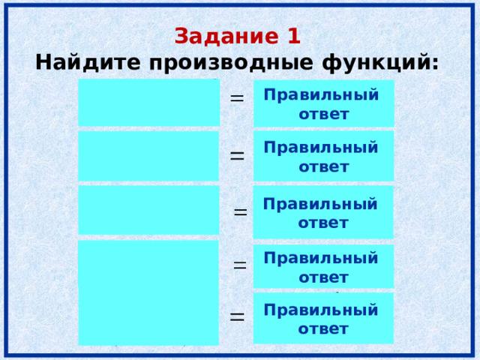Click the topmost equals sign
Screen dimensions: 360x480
pos(236,98)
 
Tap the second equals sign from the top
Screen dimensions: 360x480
pos(237,155)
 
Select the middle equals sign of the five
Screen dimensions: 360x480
pos(240,212)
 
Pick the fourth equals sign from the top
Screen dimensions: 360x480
pos(240,264)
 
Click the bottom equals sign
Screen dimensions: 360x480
pos(237,316)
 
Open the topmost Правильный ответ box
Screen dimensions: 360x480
pos(323,103)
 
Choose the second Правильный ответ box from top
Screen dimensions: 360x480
pos(323,156)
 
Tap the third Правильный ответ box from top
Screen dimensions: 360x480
pos(323,212)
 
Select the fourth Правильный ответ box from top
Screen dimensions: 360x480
pos(323,266)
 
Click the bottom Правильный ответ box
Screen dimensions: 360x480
pos(323,318)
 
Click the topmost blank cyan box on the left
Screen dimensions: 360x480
pos(148,103)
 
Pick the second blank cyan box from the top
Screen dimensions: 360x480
pos(148,156)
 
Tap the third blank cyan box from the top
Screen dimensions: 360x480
pos(148,210)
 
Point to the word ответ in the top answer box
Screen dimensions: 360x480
pos(323,115)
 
